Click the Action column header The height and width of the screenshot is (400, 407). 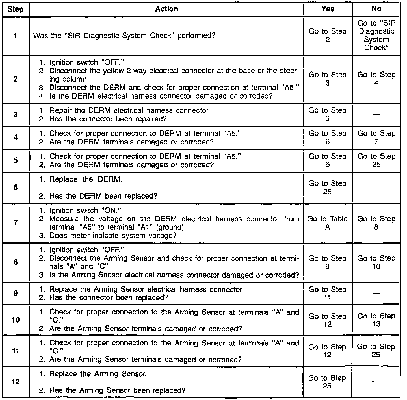166,9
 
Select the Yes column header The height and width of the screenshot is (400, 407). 328,9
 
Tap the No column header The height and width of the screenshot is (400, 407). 376,9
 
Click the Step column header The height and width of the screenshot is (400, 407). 16,9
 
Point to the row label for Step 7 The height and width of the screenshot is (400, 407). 16,223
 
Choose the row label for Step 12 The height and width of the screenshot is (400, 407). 16,382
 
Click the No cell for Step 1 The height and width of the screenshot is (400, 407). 376,35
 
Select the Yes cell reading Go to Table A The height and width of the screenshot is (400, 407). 328,223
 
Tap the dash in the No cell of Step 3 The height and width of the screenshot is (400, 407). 376,114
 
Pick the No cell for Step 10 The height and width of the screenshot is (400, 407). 376,320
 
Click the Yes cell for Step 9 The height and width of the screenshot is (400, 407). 328,293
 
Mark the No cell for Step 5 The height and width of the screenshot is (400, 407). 376,160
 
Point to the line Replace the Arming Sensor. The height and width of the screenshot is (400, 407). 98,374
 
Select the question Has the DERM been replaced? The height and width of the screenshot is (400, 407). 103,196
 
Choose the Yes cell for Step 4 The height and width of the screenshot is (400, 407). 328,137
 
